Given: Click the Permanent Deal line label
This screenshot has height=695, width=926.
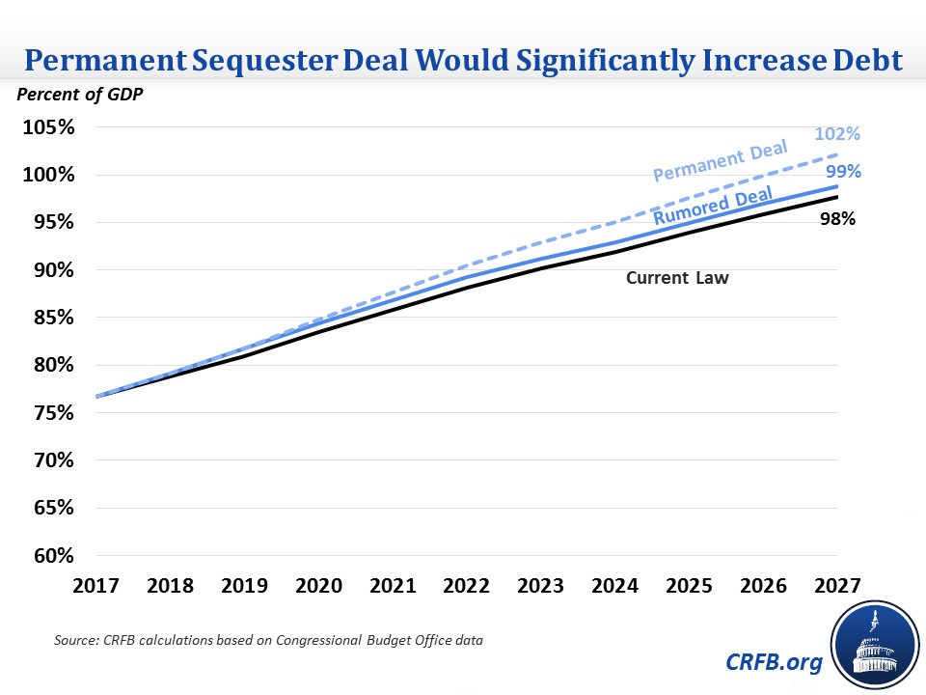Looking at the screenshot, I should (721, 161).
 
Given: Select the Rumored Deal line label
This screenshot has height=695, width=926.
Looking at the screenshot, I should (714, 207).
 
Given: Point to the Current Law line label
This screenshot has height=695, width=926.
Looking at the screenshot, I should (677, 278).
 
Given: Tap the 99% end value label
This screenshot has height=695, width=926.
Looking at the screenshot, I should (842, 172).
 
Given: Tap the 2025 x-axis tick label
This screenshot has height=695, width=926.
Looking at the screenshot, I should (684, 587).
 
